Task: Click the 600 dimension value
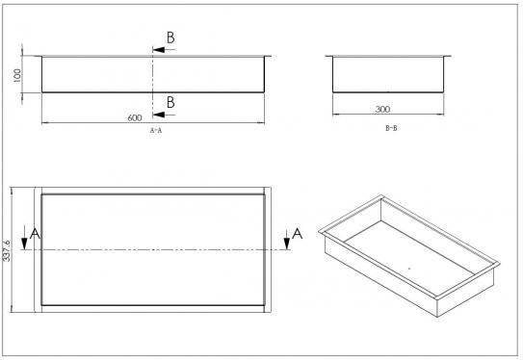pos(135,117)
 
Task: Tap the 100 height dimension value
pos(17,75)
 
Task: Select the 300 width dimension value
pos(382,109)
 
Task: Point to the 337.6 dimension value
pos(7,250)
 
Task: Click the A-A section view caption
pos(156,130)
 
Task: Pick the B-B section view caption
pos(391,128)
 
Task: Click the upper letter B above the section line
pos(170,38)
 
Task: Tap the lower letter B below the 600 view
pos(170,102)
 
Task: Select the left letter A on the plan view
pos(35,234)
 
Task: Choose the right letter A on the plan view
pos(298,234)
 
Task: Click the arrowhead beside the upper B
pos(159,50)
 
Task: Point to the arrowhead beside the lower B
pos(159,115)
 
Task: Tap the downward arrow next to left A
pos(24,238)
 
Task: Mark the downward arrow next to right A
pos(287,238)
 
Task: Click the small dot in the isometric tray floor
pos(409,268)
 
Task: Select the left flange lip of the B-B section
pos(329,56)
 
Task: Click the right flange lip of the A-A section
pos(268,56)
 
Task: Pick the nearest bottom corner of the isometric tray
pos(437,317)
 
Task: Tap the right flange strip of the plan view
pos(268,249)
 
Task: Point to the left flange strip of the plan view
pos(38,249)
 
